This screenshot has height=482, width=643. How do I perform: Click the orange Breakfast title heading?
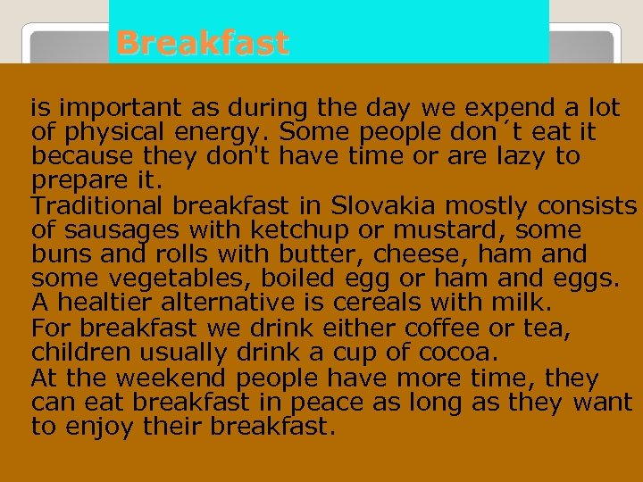pos(203,43)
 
